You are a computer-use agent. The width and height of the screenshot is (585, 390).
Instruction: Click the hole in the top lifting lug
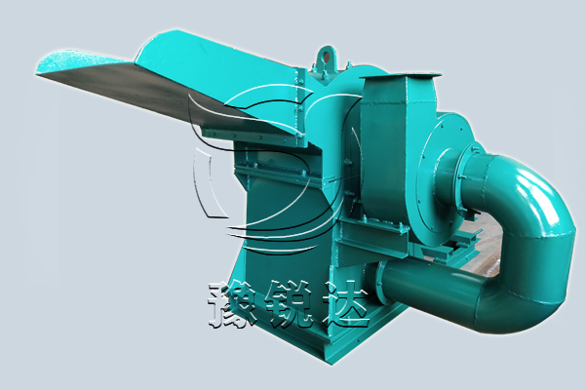pyautogui.click(x=327, y=57)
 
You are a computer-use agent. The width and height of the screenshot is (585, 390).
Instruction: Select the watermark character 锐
pyautogui.click(x=291, y=304)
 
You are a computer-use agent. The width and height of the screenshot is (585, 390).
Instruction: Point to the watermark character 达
pyautogui.click(x=346, y=304)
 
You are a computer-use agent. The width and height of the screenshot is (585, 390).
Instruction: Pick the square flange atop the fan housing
pyautogui.click(x=400, y=76)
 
